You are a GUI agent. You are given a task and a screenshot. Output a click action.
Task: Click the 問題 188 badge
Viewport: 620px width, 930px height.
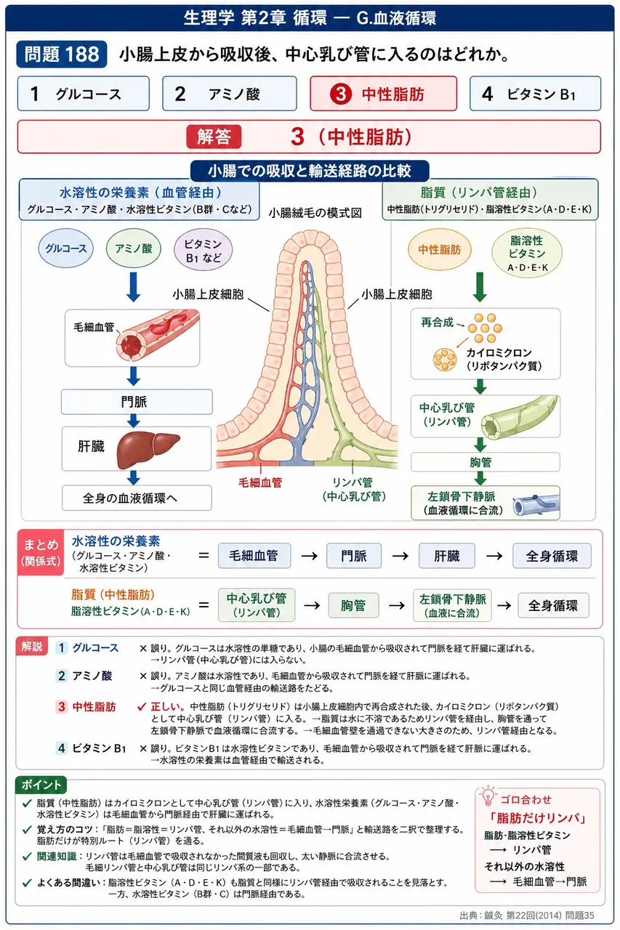click(x=62, y=54)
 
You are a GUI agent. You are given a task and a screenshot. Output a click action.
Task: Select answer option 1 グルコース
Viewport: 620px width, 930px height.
click(x=84, y=94)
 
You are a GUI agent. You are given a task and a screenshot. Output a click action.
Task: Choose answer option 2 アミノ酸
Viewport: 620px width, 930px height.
click(x=229, y=94)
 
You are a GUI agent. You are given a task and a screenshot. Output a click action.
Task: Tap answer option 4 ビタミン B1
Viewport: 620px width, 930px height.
click(x=535, y=94)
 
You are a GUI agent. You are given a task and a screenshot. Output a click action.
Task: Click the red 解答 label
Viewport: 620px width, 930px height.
click(x=214, y=137)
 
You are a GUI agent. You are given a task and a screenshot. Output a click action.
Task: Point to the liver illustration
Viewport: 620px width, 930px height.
click(x=148, y=449)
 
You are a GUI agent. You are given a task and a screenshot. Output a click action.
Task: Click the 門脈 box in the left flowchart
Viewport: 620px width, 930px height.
click(x=137, y=402)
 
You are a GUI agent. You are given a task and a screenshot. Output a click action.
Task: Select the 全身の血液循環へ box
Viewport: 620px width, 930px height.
click(x=137, y=498)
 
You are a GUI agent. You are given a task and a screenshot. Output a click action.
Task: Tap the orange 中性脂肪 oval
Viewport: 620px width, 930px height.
click(x=439, y=249)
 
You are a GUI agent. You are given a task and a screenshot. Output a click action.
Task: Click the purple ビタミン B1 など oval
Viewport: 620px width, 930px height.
click(x=203, y=250)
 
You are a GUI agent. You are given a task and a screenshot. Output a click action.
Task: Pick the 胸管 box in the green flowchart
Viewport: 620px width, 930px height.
click(x=486, y=462)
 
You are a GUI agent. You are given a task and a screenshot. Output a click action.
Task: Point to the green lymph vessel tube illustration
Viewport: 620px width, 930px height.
click(x=520, y=417)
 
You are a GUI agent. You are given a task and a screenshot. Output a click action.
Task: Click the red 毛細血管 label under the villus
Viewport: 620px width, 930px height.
click(x=260, y=482)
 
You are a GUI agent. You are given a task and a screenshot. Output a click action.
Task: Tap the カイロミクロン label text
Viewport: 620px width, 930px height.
click(x=499, y=352)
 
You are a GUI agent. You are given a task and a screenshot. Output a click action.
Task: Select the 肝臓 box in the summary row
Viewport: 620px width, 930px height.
click(x=447, y=556)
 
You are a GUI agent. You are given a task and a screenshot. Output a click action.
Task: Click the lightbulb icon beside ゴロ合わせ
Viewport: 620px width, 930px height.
click(x=488, y=796)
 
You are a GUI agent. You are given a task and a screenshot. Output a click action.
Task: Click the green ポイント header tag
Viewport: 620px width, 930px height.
click(x=41, y=785)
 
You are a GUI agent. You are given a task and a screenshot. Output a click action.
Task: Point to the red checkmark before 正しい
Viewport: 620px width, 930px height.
click(x=142, y=706)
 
